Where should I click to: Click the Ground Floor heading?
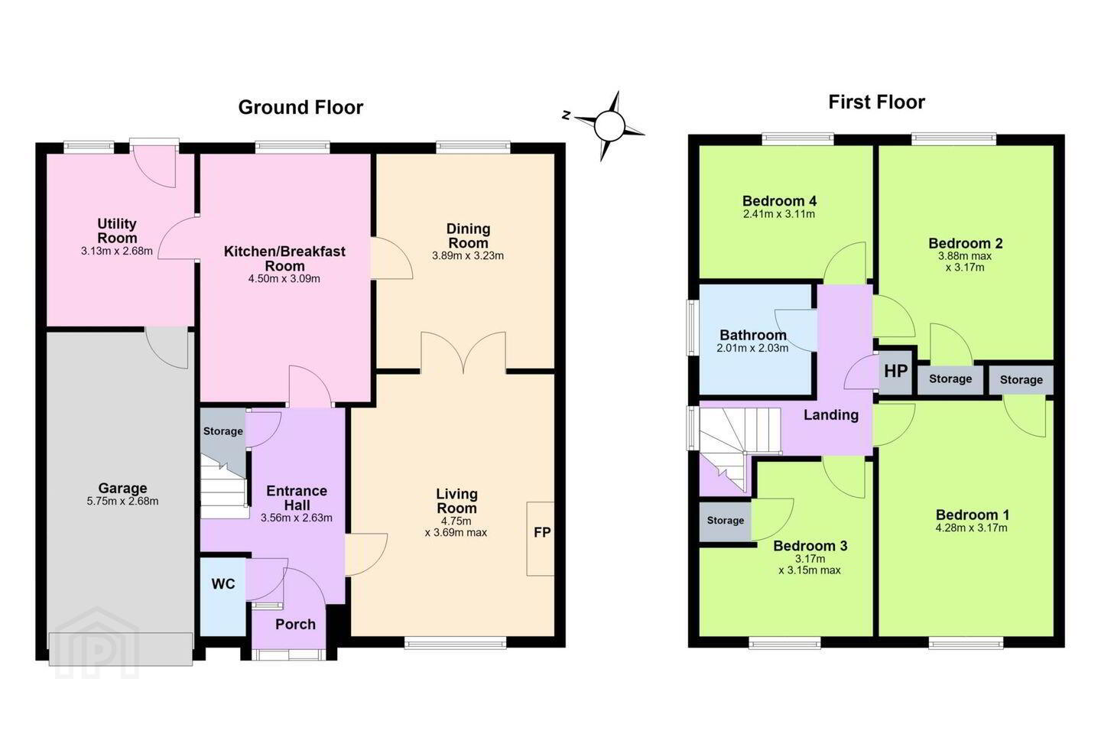point(300,107)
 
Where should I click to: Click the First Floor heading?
point(876,102)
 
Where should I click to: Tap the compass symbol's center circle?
point(609,126)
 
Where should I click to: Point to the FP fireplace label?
point(542,532)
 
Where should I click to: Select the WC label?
point(223,584)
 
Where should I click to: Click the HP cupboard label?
point(895,371)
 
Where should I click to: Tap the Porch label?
point(295,625)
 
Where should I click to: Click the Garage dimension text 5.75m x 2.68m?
point(122,502)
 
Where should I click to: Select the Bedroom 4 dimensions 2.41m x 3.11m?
point(779,214)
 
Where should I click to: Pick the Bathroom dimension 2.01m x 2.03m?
point(752,348)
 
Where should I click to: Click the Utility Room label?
point(117,231)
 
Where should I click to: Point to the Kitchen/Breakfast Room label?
point(284,258)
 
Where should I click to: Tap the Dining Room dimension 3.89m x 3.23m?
point(468,255)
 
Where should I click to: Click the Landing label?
point(831,415)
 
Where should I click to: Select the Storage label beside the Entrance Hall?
point(223,431)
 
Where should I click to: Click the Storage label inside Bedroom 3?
point(726,520)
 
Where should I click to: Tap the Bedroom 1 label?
point(973,515)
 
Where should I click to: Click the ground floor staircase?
point(224,489)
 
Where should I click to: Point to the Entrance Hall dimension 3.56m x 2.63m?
point(297,518)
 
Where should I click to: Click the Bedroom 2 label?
point(966,243)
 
